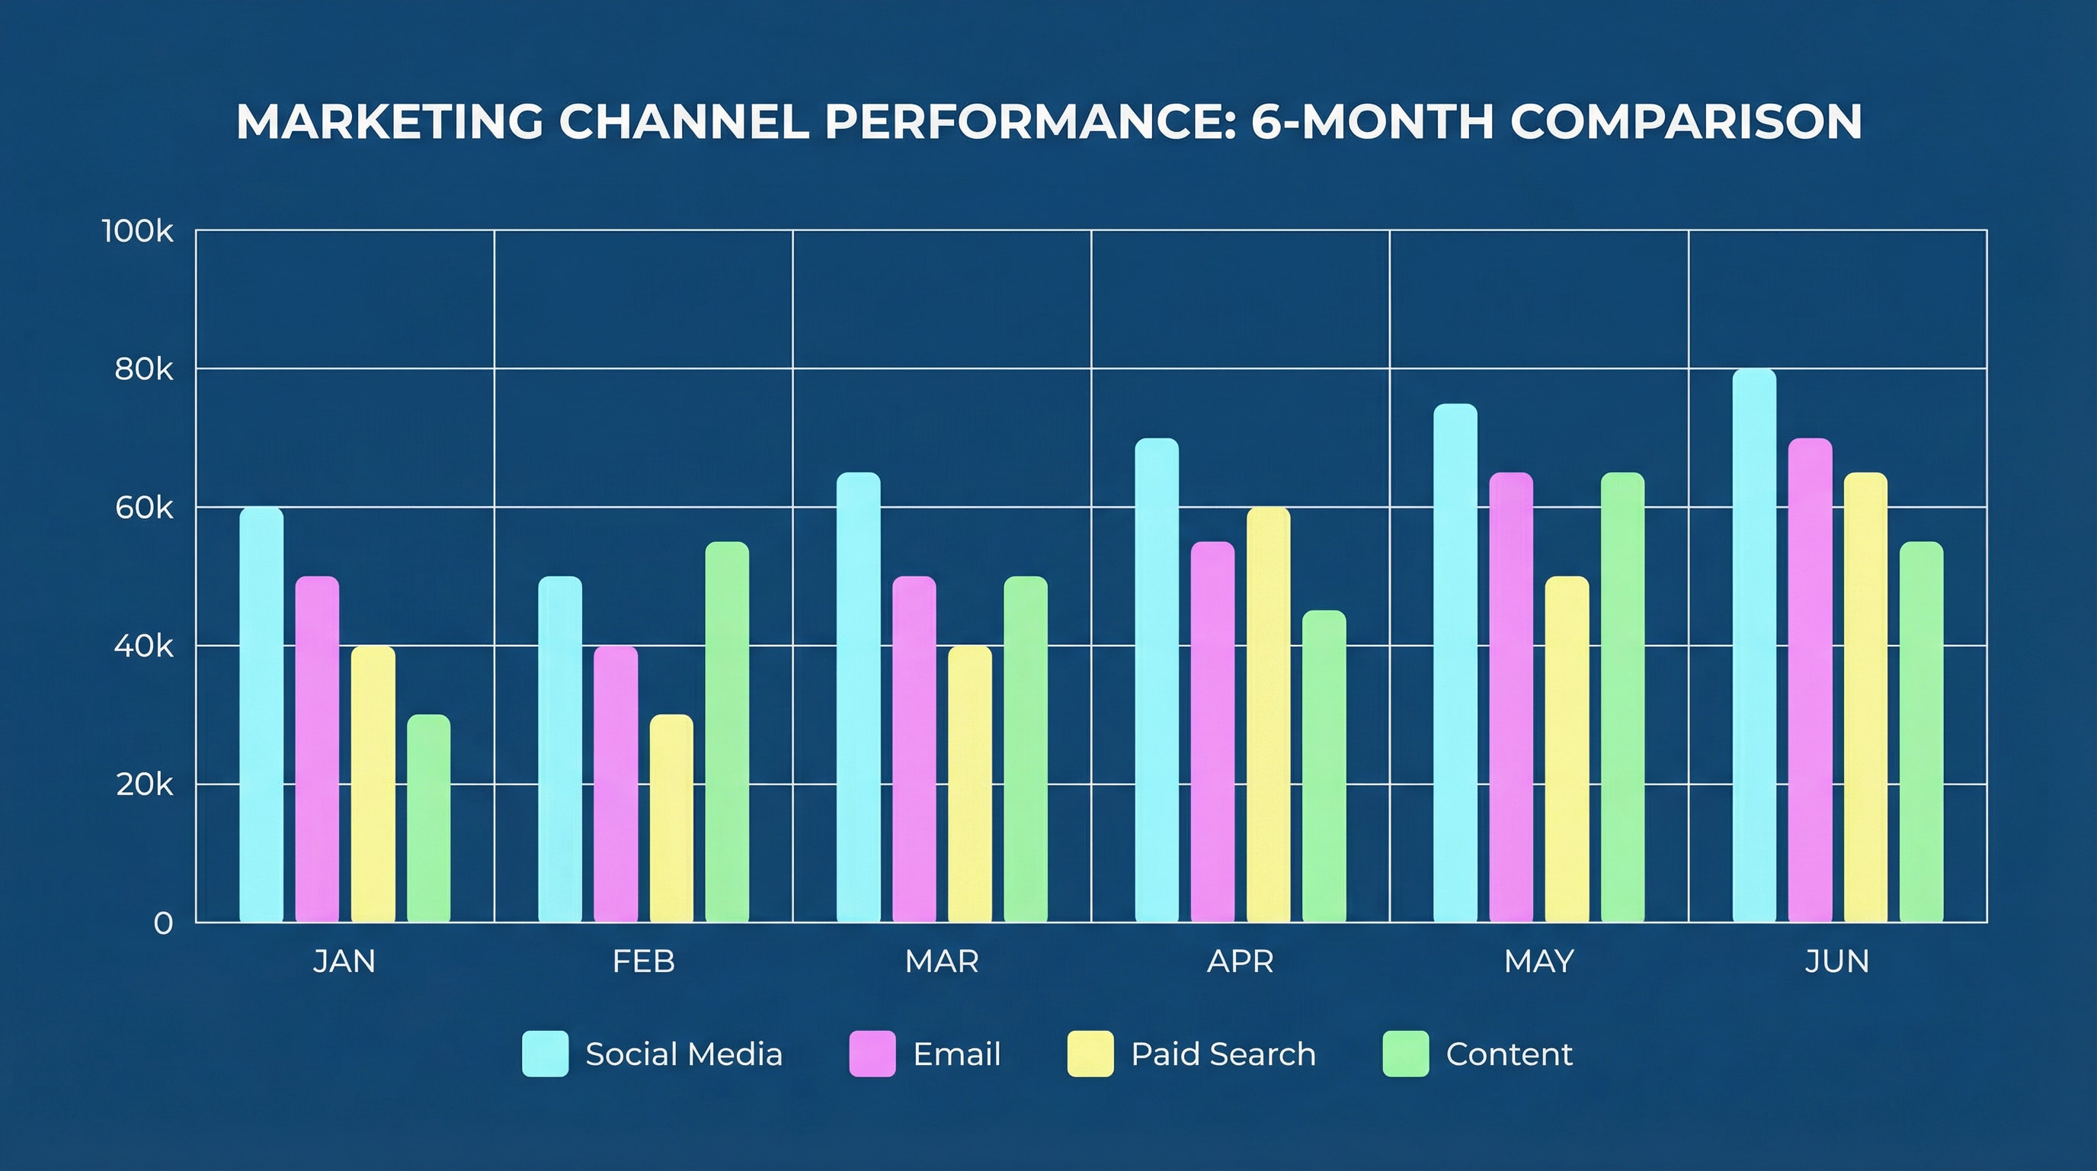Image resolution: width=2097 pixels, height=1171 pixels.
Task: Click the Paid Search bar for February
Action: click(671, 817)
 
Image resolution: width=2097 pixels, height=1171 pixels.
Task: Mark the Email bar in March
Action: click(914, 749)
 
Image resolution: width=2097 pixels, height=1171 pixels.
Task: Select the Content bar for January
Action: click(428, 817)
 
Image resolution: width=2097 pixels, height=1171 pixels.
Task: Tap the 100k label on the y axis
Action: click(138, 231)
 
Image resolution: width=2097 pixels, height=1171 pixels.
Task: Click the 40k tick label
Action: click(144, 646)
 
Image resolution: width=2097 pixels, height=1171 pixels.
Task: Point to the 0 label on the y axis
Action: click(163, 923)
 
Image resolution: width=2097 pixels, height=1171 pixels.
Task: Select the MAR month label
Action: click(942, 961)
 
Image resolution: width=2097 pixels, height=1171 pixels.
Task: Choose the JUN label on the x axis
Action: click(1837, 961)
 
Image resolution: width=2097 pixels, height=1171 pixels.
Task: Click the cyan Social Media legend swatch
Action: click(546, 1054)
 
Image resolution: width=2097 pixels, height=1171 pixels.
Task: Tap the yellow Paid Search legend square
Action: click(1090, 1054)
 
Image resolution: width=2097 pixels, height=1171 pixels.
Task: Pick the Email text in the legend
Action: click(956, 1054)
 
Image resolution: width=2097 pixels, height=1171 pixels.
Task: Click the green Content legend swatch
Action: click(1406, 1054)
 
